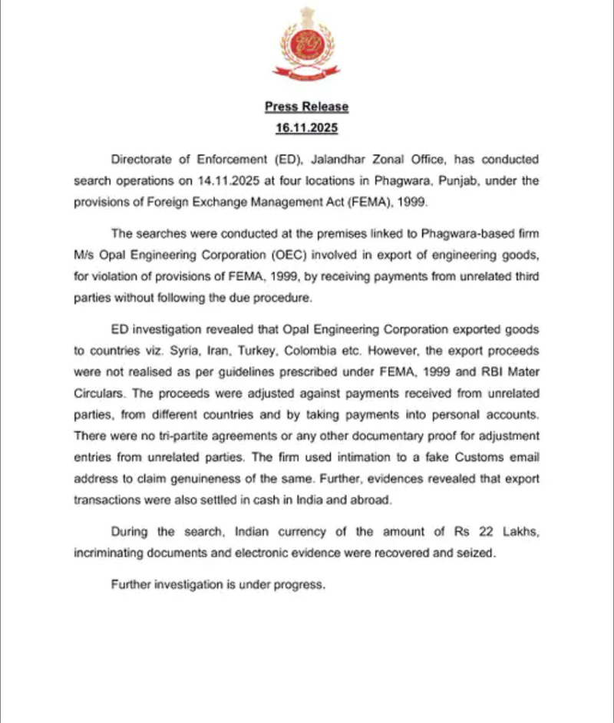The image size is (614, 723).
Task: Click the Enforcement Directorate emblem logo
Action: click(x=307, y=46)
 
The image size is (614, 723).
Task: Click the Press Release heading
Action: click(x=307, y=107)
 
